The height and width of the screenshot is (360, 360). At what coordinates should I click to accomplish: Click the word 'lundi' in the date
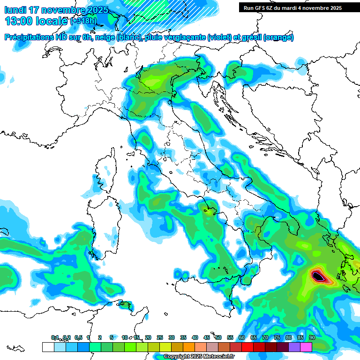click(15, 10)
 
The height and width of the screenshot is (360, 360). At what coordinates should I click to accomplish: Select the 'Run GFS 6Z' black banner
click(292, 8)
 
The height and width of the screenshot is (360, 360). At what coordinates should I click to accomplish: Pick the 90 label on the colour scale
click(312, 337)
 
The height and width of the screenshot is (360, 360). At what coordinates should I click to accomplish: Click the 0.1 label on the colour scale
click(55, 337)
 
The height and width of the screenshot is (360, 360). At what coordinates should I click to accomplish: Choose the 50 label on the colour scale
click(218, 337)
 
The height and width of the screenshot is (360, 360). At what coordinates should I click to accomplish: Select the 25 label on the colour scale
click(160, 337)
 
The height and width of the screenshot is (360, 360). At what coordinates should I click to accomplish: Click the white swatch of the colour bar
click(48, 347)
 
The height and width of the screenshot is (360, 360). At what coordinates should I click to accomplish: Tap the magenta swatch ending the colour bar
click(306, 347)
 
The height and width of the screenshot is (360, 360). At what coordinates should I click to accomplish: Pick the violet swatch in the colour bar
click(294, 347)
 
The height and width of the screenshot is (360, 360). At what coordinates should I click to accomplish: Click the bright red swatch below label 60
click(247, 347)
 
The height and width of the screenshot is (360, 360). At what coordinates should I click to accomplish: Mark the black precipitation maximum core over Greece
click(319, 277)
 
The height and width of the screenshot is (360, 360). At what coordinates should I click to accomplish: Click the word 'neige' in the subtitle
click(105, 37)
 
